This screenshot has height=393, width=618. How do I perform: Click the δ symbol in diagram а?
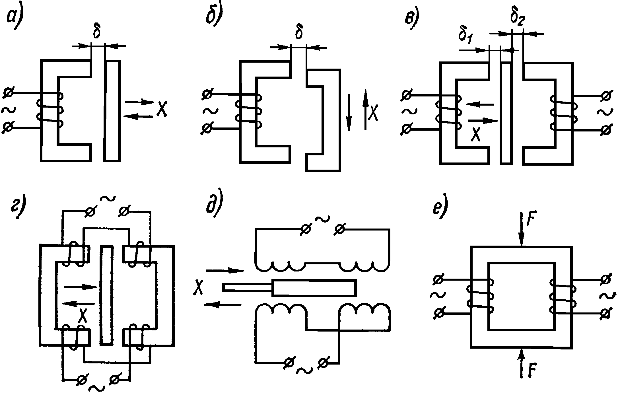(x=97, y=32)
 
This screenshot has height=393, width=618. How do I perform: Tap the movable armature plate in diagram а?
(x=112, y=111)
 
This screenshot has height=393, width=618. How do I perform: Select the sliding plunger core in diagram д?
(x=313, y=288)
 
